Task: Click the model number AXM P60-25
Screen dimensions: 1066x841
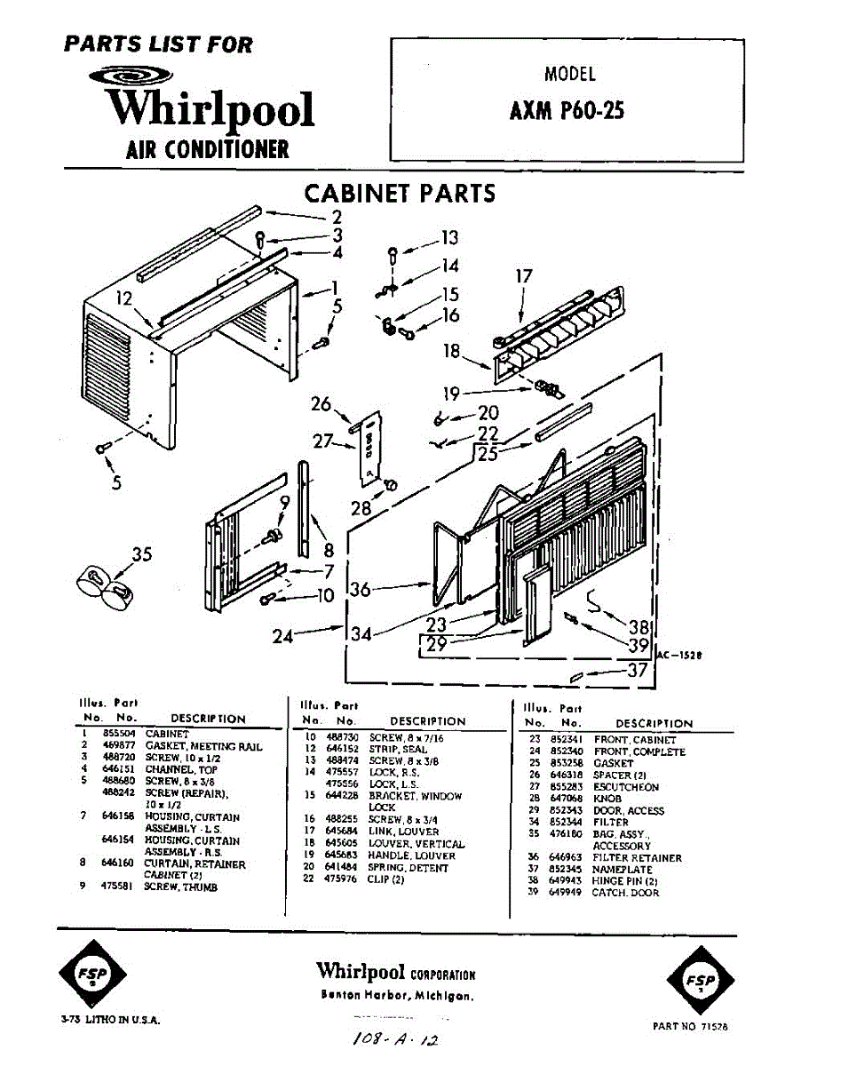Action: tap(567, 112)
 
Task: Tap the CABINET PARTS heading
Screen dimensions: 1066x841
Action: tap(400, 193)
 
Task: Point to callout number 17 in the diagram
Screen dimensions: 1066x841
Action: tap(524, 276)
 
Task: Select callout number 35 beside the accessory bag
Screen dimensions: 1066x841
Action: tap(143, 555)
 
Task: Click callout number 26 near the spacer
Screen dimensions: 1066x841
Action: tap(321, 404)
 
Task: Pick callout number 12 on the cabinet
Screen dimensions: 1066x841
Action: tap(125, 299)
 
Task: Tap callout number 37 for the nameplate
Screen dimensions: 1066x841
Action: tap(638, 671)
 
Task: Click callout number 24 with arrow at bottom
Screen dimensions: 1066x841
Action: tap(283, 636)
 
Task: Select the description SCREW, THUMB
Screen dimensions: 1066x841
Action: tap(181, 887)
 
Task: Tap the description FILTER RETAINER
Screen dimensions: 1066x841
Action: tap(637, 858)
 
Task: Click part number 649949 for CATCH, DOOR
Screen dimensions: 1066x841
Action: tap(565, 892)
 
